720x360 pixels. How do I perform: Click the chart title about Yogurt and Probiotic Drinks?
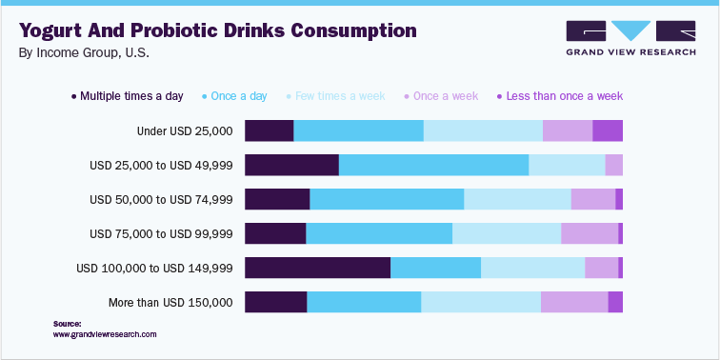click(218, 30)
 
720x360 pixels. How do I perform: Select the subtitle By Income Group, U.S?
click(84, 53)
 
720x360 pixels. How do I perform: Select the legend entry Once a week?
click(445, 96)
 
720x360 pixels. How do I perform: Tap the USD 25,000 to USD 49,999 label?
click(161, 165)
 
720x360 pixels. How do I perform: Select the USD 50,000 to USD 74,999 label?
click(161, 199)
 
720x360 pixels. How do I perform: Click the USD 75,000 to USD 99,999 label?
click(161, 233)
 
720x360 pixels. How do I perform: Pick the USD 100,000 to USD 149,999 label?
click(154, 268)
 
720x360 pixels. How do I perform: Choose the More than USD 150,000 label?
click(170, 302)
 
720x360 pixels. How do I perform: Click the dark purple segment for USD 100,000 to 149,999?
click(317, 268)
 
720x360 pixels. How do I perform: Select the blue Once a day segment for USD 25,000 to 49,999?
click(433, 165)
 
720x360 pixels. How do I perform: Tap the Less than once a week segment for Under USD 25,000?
click(608, 130)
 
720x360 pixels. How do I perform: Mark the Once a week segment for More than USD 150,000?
click(574, 302)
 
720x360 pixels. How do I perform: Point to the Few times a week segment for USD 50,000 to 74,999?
click(517, 199)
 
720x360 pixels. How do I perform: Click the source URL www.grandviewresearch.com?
click(105, 334)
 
